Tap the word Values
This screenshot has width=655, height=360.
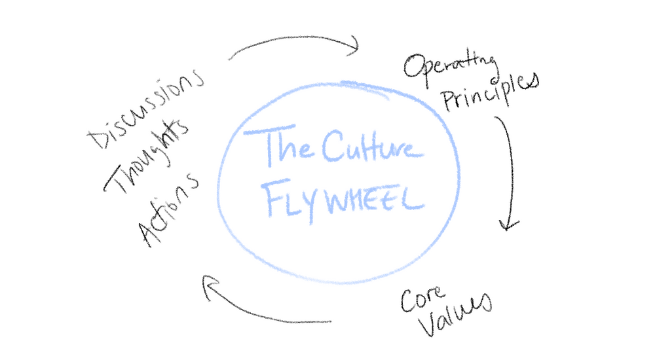coord(455,314)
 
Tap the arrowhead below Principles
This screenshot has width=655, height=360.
coord(508,223)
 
